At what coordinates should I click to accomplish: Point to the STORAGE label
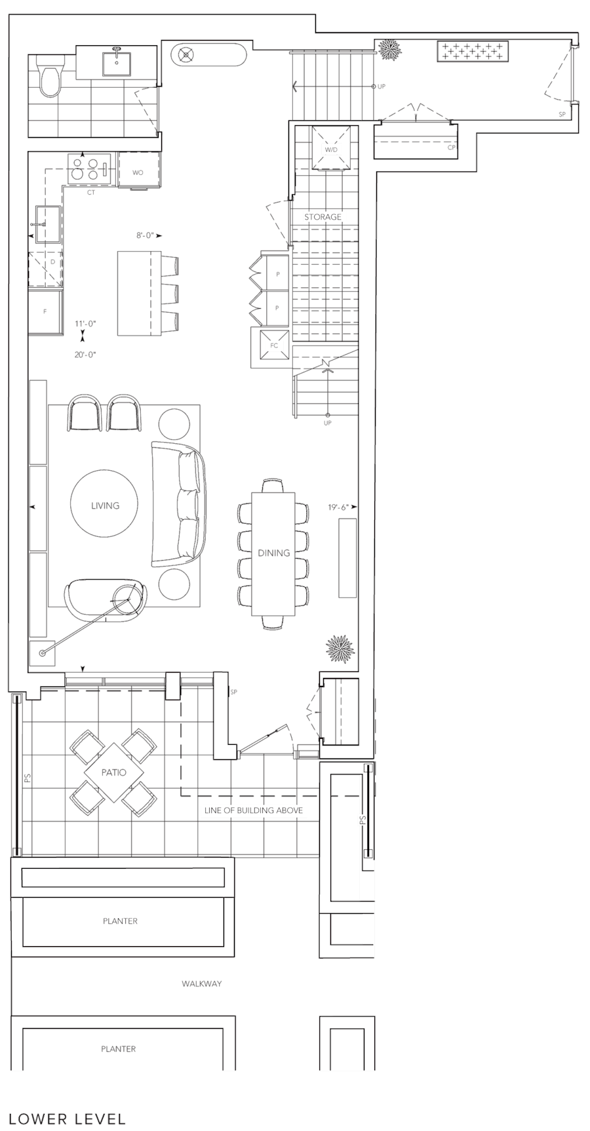click(x=323, y=216)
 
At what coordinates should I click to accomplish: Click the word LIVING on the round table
click(x=105, y=506)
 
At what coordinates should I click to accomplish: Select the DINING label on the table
click(x=273, y=553)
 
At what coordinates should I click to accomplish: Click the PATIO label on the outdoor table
click(x=113, y=772)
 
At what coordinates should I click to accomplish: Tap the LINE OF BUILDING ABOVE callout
click(x=254, y=810)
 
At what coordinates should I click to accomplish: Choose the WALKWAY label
click(x=201, y=983)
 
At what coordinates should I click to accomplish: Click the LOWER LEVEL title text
click(x=68, y=1118)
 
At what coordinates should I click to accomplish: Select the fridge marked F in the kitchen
click(x=45, y=311)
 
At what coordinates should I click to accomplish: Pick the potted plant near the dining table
click(x=340, y=649)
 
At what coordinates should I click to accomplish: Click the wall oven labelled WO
click(x=138, y=172)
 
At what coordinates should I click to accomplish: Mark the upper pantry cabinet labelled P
click(x=277, y=273)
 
